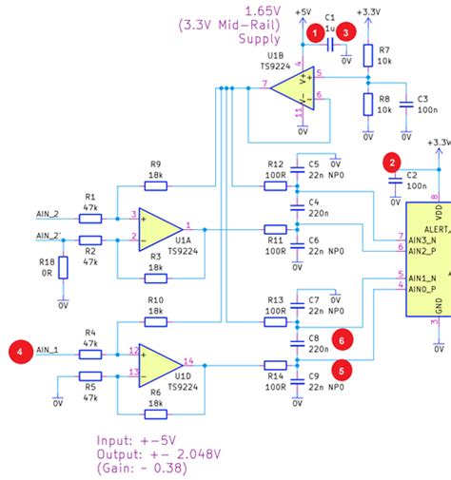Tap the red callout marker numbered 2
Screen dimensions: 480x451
(x=391, y=162)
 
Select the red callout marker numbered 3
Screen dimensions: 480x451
(x=348, y=32)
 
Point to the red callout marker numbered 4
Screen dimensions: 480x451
(x=18, y=350)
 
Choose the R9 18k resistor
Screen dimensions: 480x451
(x=155, y=185)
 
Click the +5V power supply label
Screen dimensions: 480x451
(x=304, y=11)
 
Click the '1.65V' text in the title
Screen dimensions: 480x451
(x=261, y=10)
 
